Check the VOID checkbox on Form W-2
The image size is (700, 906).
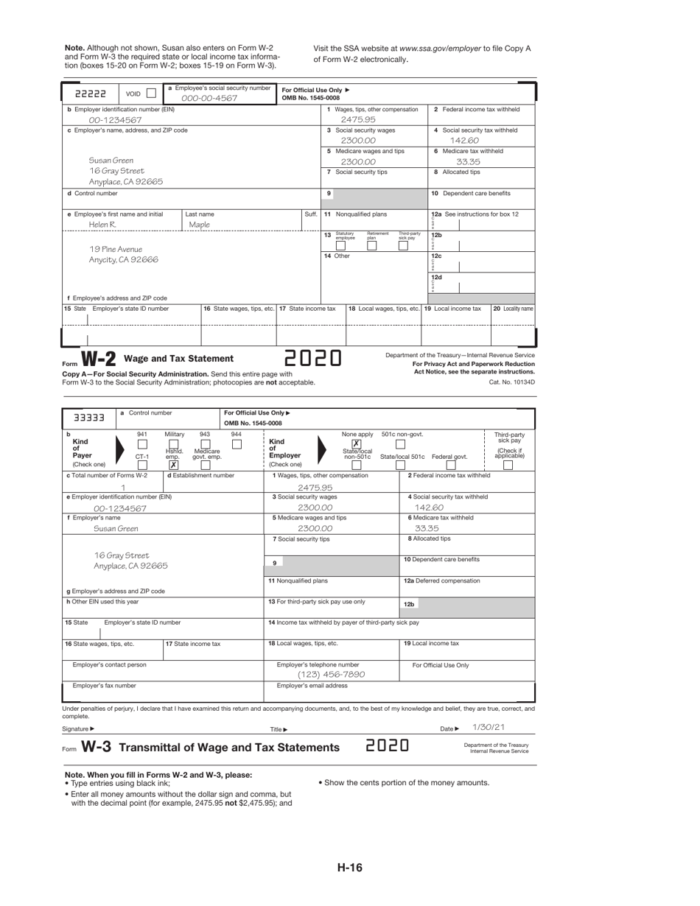pyautogui.click(x=151, y=94)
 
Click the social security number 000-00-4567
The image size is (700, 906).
pyautogui.click(x=210, y=98)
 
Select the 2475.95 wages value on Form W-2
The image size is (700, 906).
pyautogui.click(x=358, y=119)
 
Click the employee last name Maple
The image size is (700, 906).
pyautogui.click(x=200, y=225)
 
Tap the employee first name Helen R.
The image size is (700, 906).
pyautogui.click(x=102, y=225)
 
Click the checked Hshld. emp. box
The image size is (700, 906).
pyautogui.click(x=173, y=465)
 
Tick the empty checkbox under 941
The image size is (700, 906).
pyautogui.click(x=143, y=444)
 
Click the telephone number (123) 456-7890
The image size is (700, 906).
pyautogui.click(x=331, y=675)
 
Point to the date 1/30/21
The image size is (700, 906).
pyautogui.click(x=489, y=726)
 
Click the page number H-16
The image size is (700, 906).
pyautogui.click(x=350, y=868)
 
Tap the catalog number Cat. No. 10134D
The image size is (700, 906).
pyautogui.click(x=511, y=382)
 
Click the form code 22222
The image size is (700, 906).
pyautogui.click(x=92, y=94)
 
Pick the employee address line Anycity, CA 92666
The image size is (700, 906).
pyautogui.click(x=124, y=260)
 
